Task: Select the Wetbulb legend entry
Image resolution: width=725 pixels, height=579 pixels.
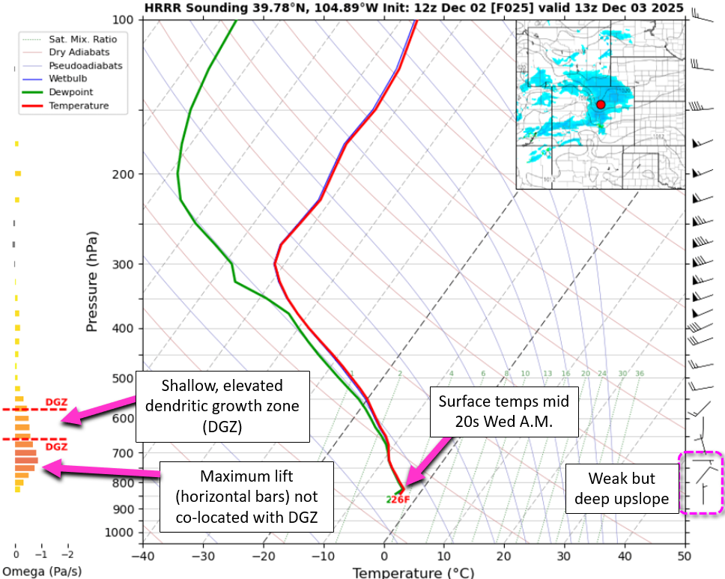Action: point(67,79)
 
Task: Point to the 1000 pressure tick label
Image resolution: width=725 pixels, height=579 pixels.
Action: point(119,533)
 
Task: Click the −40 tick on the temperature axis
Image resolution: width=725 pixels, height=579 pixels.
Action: point(142,557)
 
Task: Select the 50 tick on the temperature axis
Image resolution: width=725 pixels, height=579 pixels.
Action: point(684,557)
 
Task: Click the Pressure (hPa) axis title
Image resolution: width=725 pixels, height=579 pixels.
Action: point(92,282)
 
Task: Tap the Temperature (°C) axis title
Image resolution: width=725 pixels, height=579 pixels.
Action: point(413,573)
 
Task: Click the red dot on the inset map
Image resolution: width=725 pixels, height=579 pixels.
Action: point(601,105)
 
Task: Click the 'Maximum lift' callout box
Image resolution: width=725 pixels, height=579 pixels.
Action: point(246,497)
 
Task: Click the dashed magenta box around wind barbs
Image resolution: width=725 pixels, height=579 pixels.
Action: point(701,483)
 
